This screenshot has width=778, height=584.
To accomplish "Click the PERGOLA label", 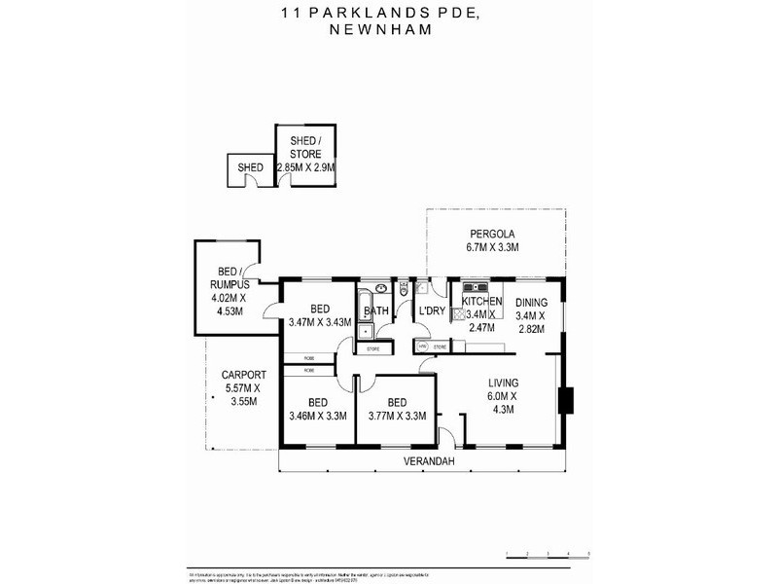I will point(492,234).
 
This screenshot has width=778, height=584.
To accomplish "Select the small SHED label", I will point(250,168).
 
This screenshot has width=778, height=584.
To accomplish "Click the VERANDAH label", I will point(426,460).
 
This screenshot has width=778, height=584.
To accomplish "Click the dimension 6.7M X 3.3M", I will point(492,248).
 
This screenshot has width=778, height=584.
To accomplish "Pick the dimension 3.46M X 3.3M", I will point(317,417).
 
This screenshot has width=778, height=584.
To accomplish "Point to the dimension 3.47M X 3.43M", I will point(319,322).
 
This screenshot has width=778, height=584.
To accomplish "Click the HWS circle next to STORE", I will point(423,347).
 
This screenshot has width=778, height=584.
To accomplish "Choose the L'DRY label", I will point(431,311).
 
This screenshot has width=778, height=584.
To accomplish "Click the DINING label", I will point(531,303).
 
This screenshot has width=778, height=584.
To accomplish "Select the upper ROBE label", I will point(307,357).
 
